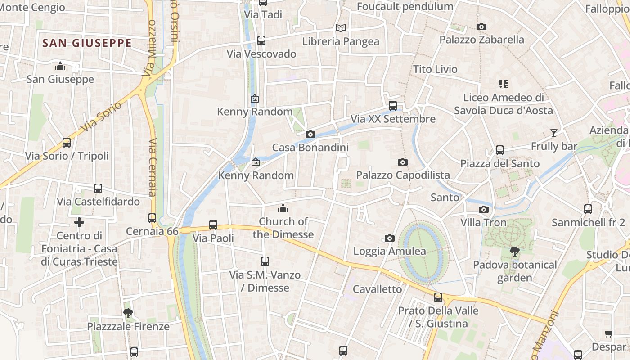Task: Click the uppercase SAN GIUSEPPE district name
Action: click(x=87, y=43)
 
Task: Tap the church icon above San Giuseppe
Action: click(x=60, y=67)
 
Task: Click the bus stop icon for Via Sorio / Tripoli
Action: click(x=67, y=143)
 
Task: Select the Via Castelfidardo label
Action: click(x=98, y=201)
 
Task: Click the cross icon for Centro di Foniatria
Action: click(x=79, y=222)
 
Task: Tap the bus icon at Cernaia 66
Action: click(x=152, y=218)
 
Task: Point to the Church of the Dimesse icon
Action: click(x=283, y=208)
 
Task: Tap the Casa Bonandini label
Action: click(x=310, y=147)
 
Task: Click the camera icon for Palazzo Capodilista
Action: click(x=403, y=162)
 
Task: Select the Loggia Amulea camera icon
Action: click(x=390, y=238)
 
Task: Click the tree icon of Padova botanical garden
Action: click(x=515, y=252)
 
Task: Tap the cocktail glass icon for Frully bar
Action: click(x=553, y=133)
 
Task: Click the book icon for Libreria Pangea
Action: click(x=341, y=28)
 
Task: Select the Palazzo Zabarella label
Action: click(x=481, y=40)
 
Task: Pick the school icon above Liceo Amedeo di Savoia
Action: click(x=503, y=84)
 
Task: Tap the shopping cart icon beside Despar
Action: click(x=609, y=333)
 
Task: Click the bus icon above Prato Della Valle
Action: click(x=438, y=297)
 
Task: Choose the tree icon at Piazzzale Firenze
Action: click(x=128, y=313)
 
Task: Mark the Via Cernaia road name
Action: click(x=153, y=167)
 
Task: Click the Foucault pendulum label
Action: click(x=405, y=6)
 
